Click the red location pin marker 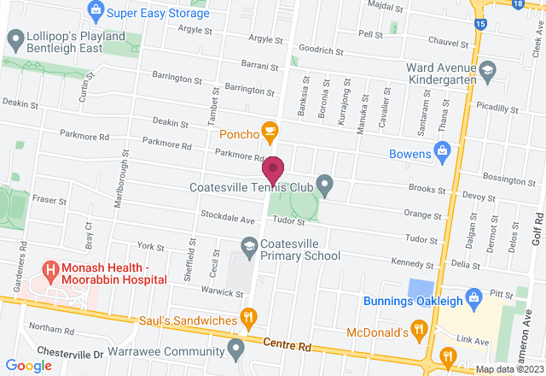point(273,168)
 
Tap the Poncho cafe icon point(270,131)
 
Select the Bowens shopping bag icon point(442,152)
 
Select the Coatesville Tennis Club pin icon point(324,183)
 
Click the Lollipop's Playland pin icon point(15,38)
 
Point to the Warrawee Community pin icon point(235,347)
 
